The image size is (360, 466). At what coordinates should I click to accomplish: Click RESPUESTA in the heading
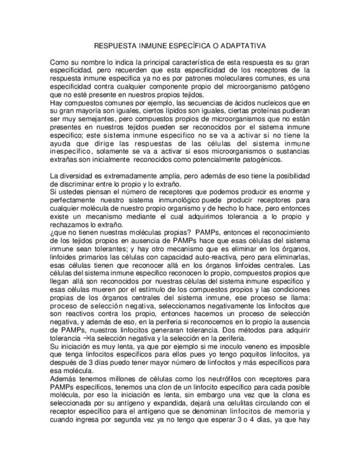pos(113,46)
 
